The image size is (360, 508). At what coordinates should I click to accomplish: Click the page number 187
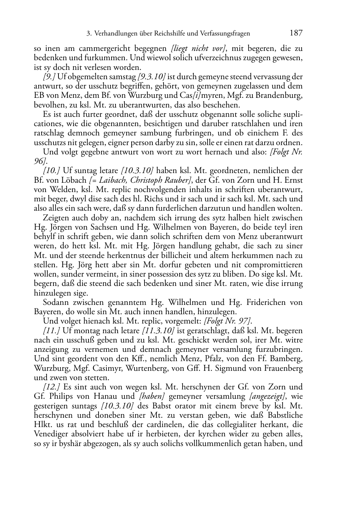(296, 33)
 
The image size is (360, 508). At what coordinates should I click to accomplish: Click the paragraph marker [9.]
(49, 77)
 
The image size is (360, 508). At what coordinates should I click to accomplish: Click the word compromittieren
(272, 265)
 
